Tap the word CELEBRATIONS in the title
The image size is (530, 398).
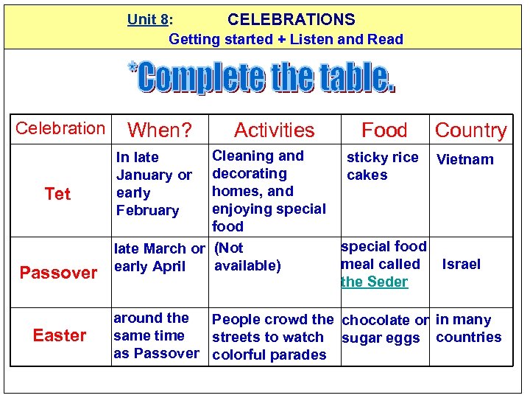click(x=291, y=20)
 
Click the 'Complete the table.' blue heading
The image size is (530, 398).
click(x=264, y=78)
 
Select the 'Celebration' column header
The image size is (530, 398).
click(x=60, y=128)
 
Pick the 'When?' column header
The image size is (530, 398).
click(x=160, y=130)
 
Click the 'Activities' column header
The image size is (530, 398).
click(x=274, y=130)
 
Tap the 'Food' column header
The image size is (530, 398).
click(x=384, y=130)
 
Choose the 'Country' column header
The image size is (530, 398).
click(x=470, y=130)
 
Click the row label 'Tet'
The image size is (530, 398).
click(x=57, y=194)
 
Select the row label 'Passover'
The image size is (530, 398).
click(x=58, y=273)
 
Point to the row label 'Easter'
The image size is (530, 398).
click(x=60, y=335)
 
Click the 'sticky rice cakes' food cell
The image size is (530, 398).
click(x=382, y=166)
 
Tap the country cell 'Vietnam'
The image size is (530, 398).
click(x=465, y=159)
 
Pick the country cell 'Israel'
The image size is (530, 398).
click(x=461, y=264)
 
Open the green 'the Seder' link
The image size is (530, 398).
click(x=374, y=282)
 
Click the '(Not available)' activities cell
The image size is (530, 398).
click(x=247, y=256)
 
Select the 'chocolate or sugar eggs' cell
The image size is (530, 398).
click(x=384, y=329)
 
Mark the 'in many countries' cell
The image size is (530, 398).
click(x=468, y=328)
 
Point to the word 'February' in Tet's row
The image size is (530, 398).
click(x=147, y=210)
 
